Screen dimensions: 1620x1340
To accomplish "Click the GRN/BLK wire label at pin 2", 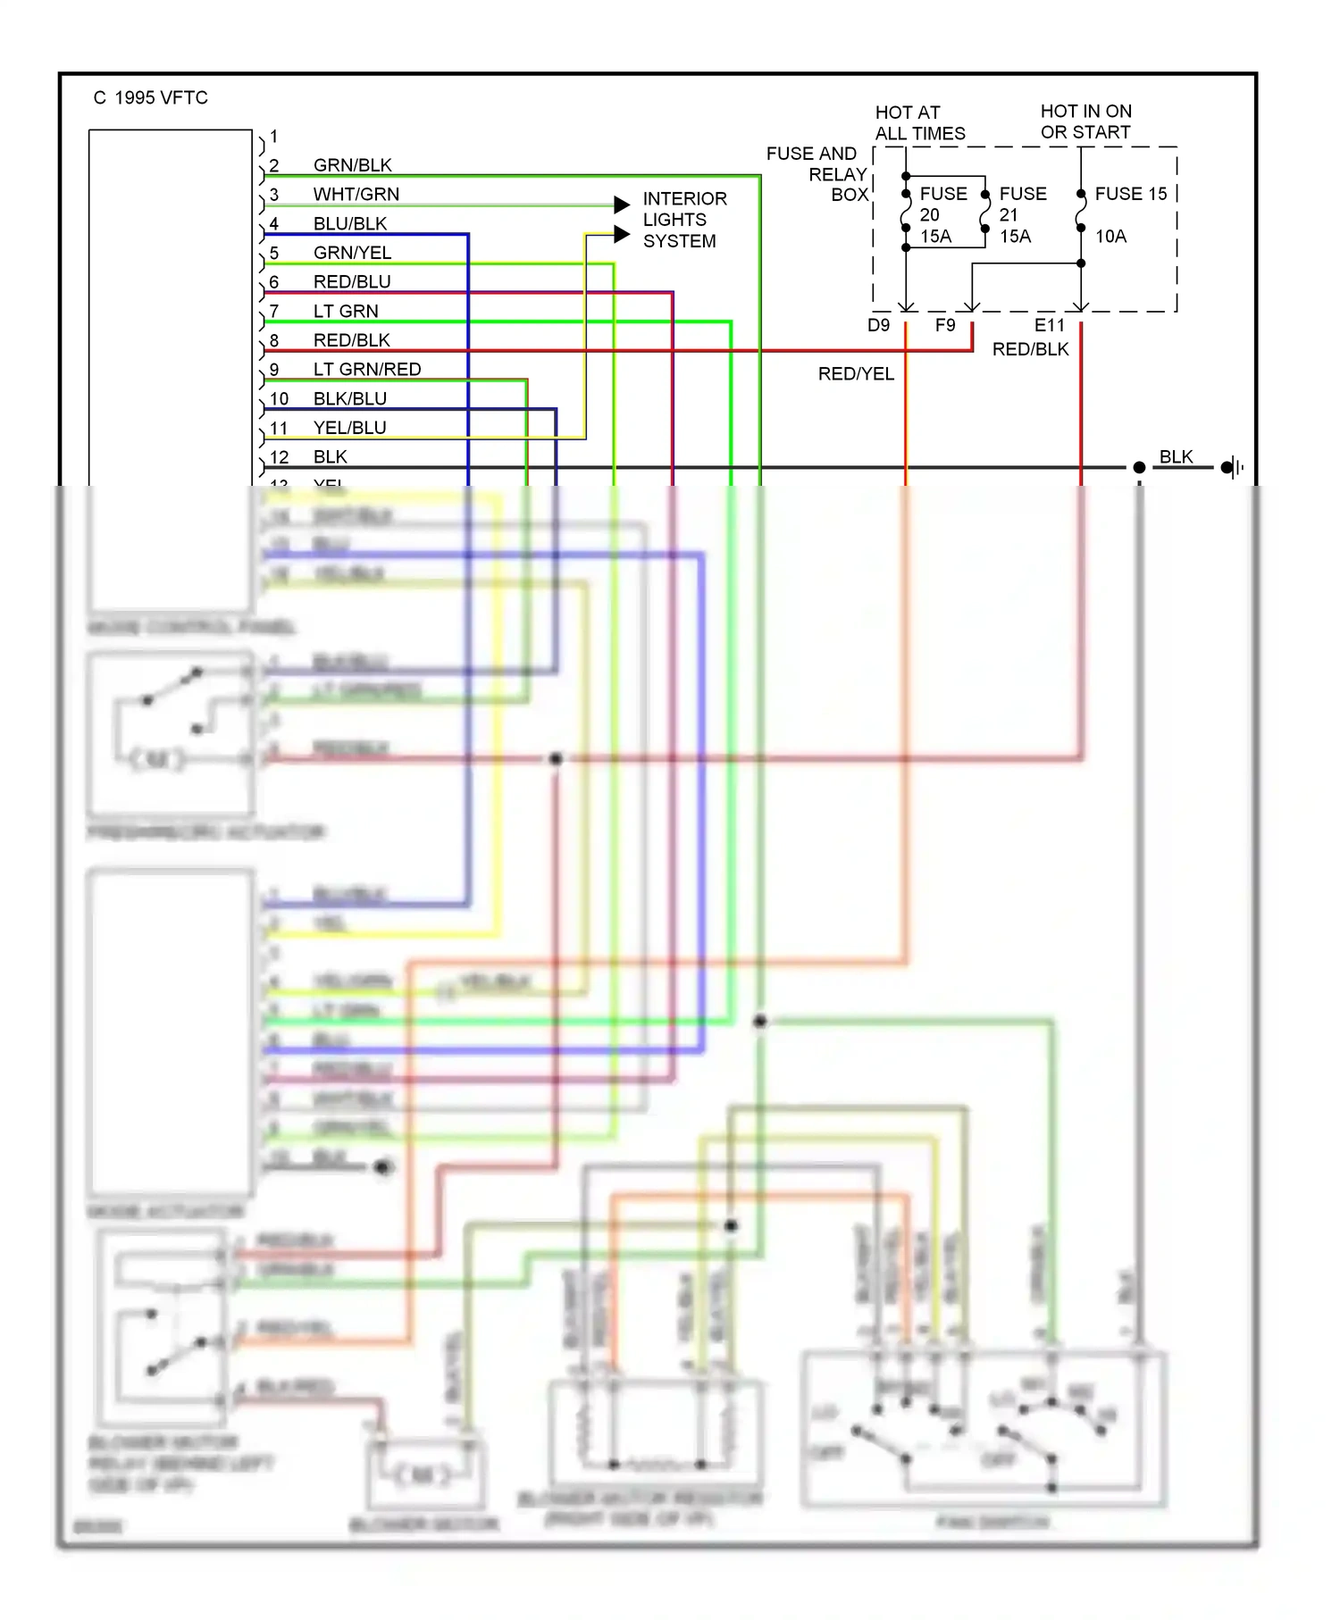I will [352, 165].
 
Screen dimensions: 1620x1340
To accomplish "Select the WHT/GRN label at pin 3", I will [356, 195].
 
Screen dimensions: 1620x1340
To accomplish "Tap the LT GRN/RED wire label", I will [366, 370].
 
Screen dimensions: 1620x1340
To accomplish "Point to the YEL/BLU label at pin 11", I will [349, 428].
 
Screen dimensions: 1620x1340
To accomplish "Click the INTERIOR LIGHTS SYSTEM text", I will [683, 220].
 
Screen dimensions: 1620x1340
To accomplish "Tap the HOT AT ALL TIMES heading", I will [919, 123].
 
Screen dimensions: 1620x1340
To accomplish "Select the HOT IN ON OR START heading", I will [1085, 121].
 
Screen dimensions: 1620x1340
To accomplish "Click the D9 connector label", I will [878, 326].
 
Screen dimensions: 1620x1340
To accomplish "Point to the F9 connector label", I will [945, 326].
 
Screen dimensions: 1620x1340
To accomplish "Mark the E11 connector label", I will [1049, 326].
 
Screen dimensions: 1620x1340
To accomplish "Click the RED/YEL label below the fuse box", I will [855, 374].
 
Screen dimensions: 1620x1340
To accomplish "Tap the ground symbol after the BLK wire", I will [1232, 467].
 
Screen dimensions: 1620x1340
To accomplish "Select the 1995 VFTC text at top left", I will [160, 98].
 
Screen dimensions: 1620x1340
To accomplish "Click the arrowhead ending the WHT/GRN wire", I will [622, 205].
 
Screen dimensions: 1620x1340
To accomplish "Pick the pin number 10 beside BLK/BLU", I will [279, 399].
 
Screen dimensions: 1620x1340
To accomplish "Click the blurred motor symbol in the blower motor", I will [424, 1475].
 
